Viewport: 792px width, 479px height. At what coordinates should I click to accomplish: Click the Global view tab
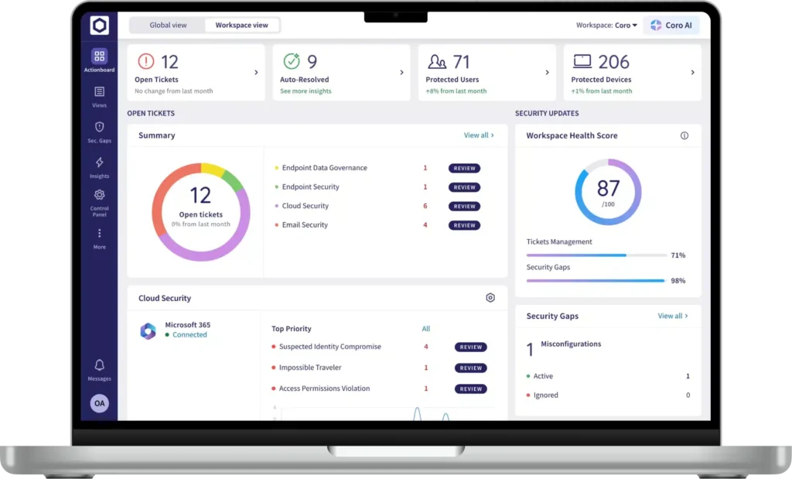coord(168,26)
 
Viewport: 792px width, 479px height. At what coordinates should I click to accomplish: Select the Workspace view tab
coord(242,26)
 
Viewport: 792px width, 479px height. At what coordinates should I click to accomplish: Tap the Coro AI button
coord(671,26)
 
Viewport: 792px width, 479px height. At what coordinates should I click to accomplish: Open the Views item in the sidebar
coord(100,97)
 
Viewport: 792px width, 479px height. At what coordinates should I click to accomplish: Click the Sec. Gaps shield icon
coord(100,127)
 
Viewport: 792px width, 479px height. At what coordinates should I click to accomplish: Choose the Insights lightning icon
coord(100,163)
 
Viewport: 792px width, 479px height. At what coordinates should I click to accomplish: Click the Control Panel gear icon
coord(100,195)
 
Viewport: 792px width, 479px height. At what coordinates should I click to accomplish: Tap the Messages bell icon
coord(100,364)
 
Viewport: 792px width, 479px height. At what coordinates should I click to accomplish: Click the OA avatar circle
coord(100,403)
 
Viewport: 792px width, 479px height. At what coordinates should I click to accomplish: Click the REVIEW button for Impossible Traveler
coord(471,368)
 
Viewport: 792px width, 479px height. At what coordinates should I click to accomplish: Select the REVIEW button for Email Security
coord(464,225)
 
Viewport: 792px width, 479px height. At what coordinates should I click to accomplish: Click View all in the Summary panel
coord(479,135)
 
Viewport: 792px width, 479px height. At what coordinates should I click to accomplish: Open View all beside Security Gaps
coord(673,316)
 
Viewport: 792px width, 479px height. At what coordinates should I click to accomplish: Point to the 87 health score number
coord(608,189)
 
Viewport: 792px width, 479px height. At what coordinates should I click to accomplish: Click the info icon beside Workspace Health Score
coord(684,135)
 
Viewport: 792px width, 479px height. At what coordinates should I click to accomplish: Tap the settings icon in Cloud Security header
coord(490,298)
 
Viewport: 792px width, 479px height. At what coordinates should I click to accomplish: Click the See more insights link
coord(306,91)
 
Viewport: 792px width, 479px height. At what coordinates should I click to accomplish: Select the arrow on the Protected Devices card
coord(692,72)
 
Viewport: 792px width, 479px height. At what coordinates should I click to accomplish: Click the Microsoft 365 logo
coord(148,331)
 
